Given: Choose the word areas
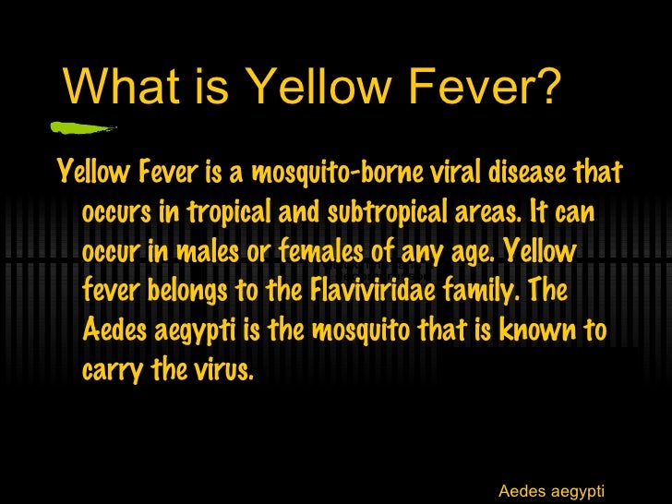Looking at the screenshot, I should [486, 212].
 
